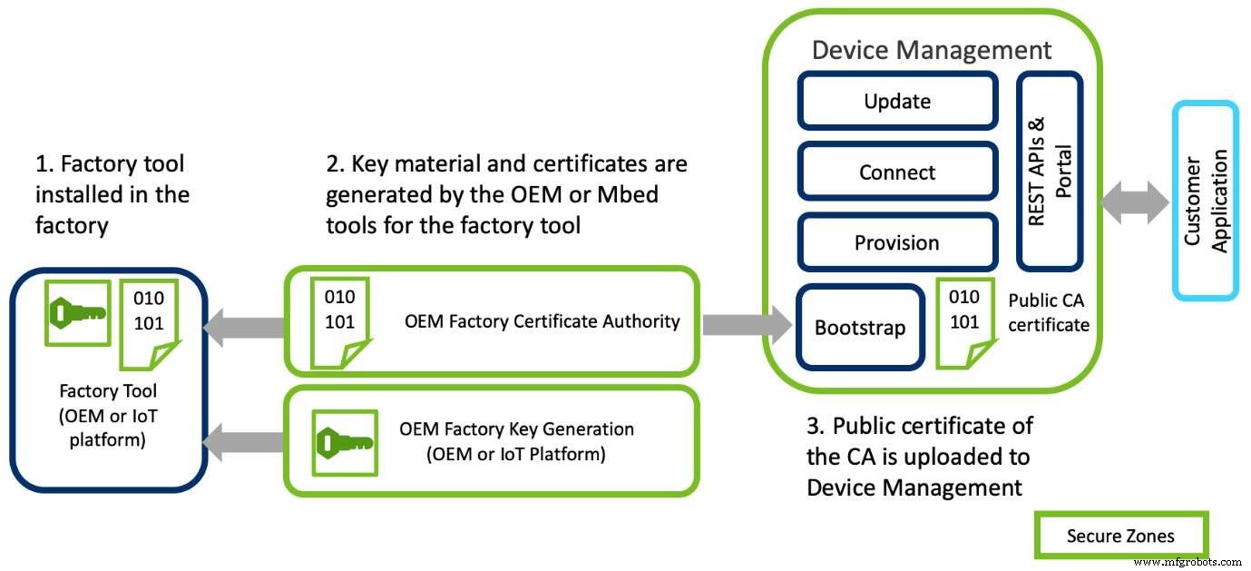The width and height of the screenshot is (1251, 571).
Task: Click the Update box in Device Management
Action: (897, 102)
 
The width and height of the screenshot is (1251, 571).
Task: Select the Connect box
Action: (897, 172)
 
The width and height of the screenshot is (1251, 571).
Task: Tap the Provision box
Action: (897, 243)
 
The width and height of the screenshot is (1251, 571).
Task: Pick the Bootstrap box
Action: (859, 328)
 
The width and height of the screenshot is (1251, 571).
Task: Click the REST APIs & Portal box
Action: (1050, 172)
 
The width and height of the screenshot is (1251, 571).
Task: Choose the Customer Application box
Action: (1205, 201)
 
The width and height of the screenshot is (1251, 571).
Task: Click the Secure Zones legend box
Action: (1120, 536)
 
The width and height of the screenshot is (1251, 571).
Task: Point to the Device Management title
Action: (932, 50)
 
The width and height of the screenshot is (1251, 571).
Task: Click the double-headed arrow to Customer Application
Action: (1134, 202)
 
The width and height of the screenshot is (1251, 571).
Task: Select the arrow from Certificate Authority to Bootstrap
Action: (747, 324)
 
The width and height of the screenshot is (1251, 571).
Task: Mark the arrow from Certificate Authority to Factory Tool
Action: (243, 324)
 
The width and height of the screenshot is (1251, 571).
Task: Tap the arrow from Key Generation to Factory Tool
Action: (243, 441)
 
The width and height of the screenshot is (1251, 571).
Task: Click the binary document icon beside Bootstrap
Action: (963, 323)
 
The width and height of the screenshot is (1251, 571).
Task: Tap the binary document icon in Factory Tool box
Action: (151, 316)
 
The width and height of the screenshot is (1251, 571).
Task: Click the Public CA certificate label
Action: (1049, 310)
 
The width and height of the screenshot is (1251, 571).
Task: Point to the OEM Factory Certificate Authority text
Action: (542, 321)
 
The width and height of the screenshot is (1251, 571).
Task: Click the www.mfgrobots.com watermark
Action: (1187, 562)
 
